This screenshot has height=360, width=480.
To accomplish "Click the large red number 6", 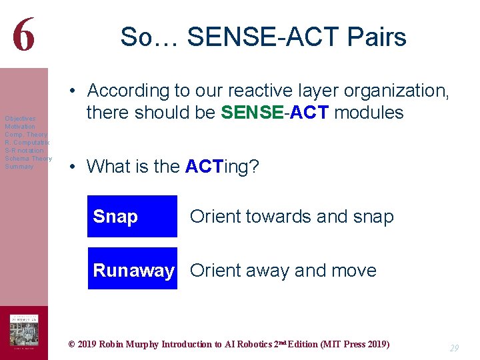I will point(23,33).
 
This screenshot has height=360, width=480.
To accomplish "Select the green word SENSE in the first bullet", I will point(251,113).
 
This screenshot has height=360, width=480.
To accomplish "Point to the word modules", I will point(369,113).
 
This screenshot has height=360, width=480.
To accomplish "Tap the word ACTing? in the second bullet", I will point(221,166).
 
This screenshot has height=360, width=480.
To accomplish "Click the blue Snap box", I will point(132,216).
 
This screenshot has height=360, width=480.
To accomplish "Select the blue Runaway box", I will point(133,269).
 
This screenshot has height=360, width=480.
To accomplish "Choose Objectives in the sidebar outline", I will point(20,119).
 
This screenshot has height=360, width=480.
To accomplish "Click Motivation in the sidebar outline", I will point(20,127).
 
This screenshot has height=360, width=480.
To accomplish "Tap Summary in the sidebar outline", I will point(19,167).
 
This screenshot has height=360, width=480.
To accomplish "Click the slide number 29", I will point(454,348).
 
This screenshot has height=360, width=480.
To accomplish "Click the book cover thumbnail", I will point(23,331).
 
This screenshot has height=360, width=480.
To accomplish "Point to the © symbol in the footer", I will point(72,345).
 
